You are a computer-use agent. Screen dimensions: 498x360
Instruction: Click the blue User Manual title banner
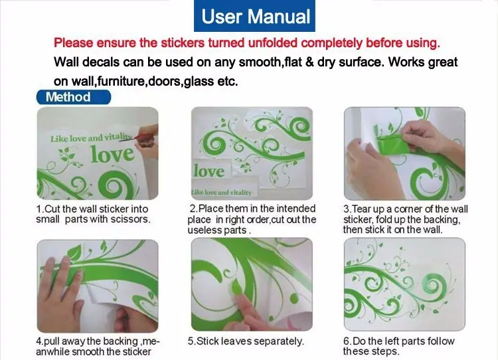tap(254, 16)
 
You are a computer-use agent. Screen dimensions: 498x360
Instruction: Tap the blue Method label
tap(73, 97)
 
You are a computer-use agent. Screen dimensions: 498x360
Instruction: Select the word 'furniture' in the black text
tap(122, 81)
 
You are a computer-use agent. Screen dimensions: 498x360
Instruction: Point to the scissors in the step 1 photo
tap(139, 139)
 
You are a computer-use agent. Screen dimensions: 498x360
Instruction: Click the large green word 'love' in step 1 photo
tap(112, 154)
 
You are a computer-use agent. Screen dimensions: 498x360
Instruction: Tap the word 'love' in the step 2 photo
tap(208, 171)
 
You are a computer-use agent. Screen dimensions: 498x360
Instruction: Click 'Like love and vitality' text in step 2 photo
tap(221, 192)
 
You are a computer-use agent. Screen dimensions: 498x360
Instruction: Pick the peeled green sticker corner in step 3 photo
tap(393, 144)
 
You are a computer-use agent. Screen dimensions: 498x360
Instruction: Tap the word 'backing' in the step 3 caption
tap(442, 220)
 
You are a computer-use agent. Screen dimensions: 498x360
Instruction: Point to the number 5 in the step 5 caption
tap(191, 341)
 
